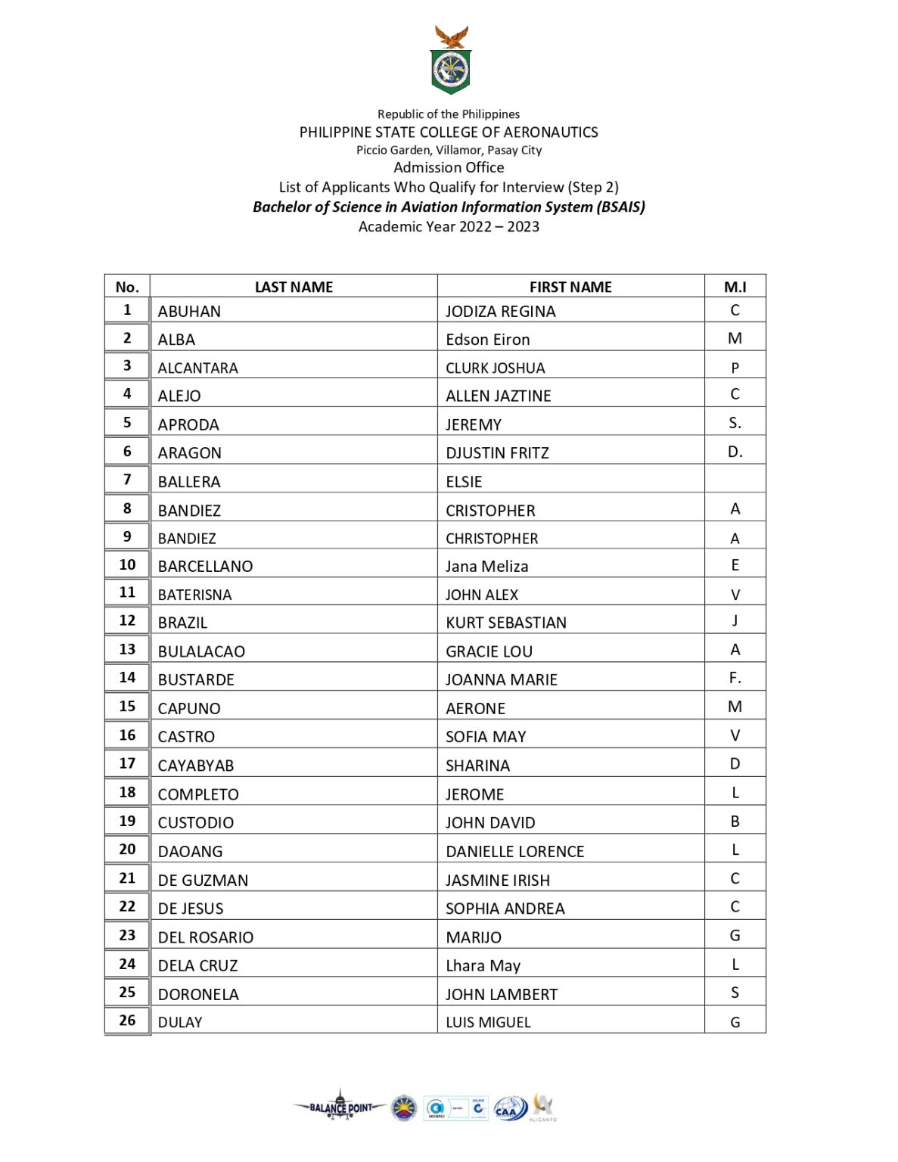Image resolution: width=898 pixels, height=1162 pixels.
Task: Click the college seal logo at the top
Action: click(x=450, y=61)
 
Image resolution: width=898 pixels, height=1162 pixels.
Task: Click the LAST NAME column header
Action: click(x=294, y=287)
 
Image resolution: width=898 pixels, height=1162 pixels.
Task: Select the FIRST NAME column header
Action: click(x=570, y=287)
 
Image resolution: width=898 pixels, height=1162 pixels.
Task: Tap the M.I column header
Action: click(x=735, y=287)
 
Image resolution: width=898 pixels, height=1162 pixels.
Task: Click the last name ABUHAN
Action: click(x=189, y=312)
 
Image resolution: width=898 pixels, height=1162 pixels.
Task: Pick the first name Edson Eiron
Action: click(x=487, y=340)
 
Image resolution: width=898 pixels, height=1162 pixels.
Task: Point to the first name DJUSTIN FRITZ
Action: click(x=497, y=453)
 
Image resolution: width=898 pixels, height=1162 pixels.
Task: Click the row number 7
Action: click(x=127, y=480)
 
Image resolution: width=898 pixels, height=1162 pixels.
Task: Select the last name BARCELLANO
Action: click(x=205, y=567)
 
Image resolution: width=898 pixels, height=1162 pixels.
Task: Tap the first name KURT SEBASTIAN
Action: click(x=505, y=623)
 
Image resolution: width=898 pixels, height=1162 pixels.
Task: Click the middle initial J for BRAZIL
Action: click(x=735, y=620)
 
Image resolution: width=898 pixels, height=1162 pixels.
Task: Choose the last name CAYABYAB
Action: click(x=196, y=766)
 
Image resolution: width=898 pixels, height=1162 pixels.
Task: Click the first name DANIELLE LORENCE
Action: click(x=514, y=852)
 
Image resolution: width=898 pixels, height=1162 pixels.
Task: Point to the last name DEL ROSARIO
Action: click(x=205, y=937)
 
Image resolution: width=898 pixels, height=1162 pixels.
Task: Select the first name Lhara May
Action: click(x=483, y=966)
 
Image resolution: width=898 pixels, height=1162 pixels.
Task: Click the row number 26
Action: click(x=127, y=1021)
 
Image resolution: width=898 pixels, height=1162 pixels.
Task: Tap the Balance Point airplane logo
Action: click(x=340, y=1108)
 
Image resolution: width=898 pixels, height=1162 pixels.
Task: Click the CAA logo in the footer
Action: click(x=510, y=1110)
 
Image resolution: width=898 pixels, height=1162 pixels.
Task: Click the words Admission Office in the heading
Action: click(x=449, y=168)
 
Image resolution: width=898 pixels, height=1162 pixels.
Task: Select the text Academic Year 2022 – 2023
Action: click(x=449, y=227)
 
